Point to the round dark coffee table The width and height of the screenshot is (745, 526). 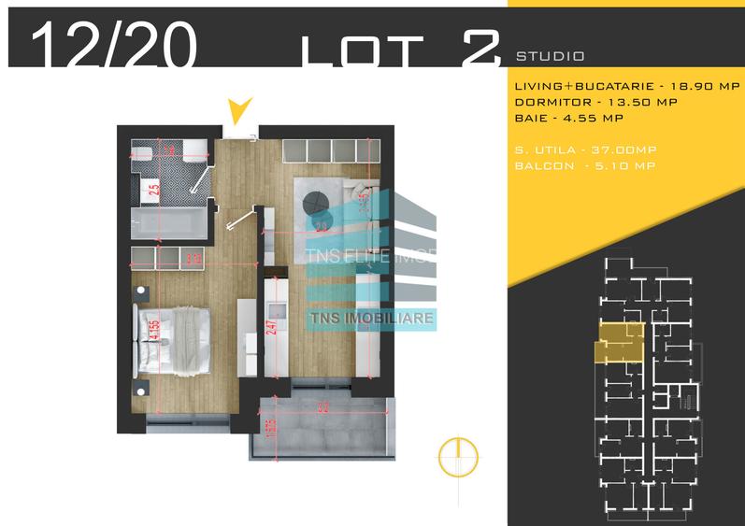[x=316, y=198]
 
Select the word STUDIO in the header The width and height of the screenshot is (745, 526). [x=550, y=56]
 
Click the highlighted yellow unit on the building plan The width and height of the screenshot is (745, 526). [x=617, y=341]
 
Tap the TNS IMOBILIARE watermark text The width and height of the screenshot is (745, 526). [x=371, y=318]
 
